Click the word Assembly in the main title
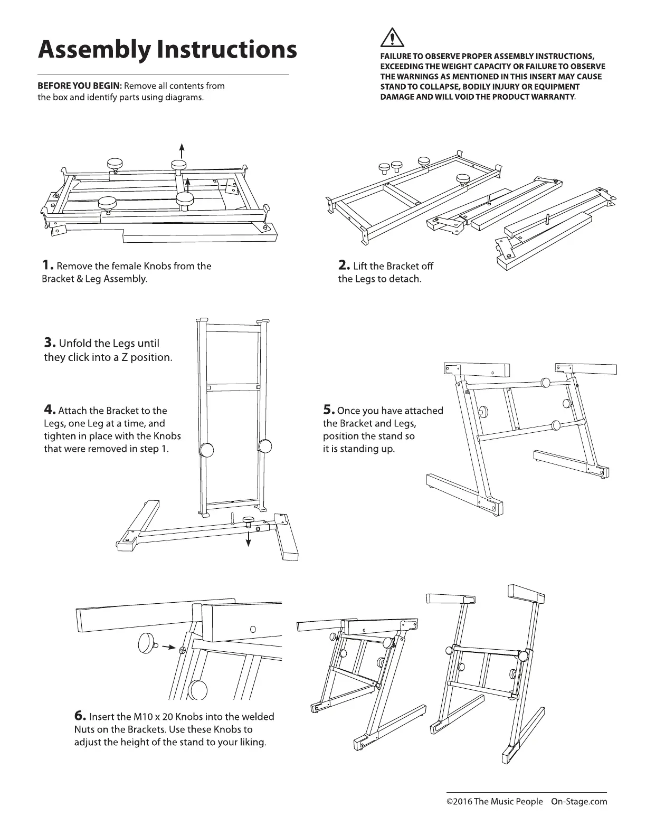point(93,50)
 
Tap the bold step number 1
point(47,265)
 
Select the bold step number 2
point(344,265)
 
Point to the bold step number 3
point(50,343)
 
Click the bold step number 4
point(50,410)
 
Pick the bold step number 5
point(329,410)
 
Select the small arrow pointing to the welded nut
point(168,647)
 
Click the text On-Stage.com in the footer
point(579,802)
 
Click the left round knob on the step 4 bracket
point(207,449)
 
